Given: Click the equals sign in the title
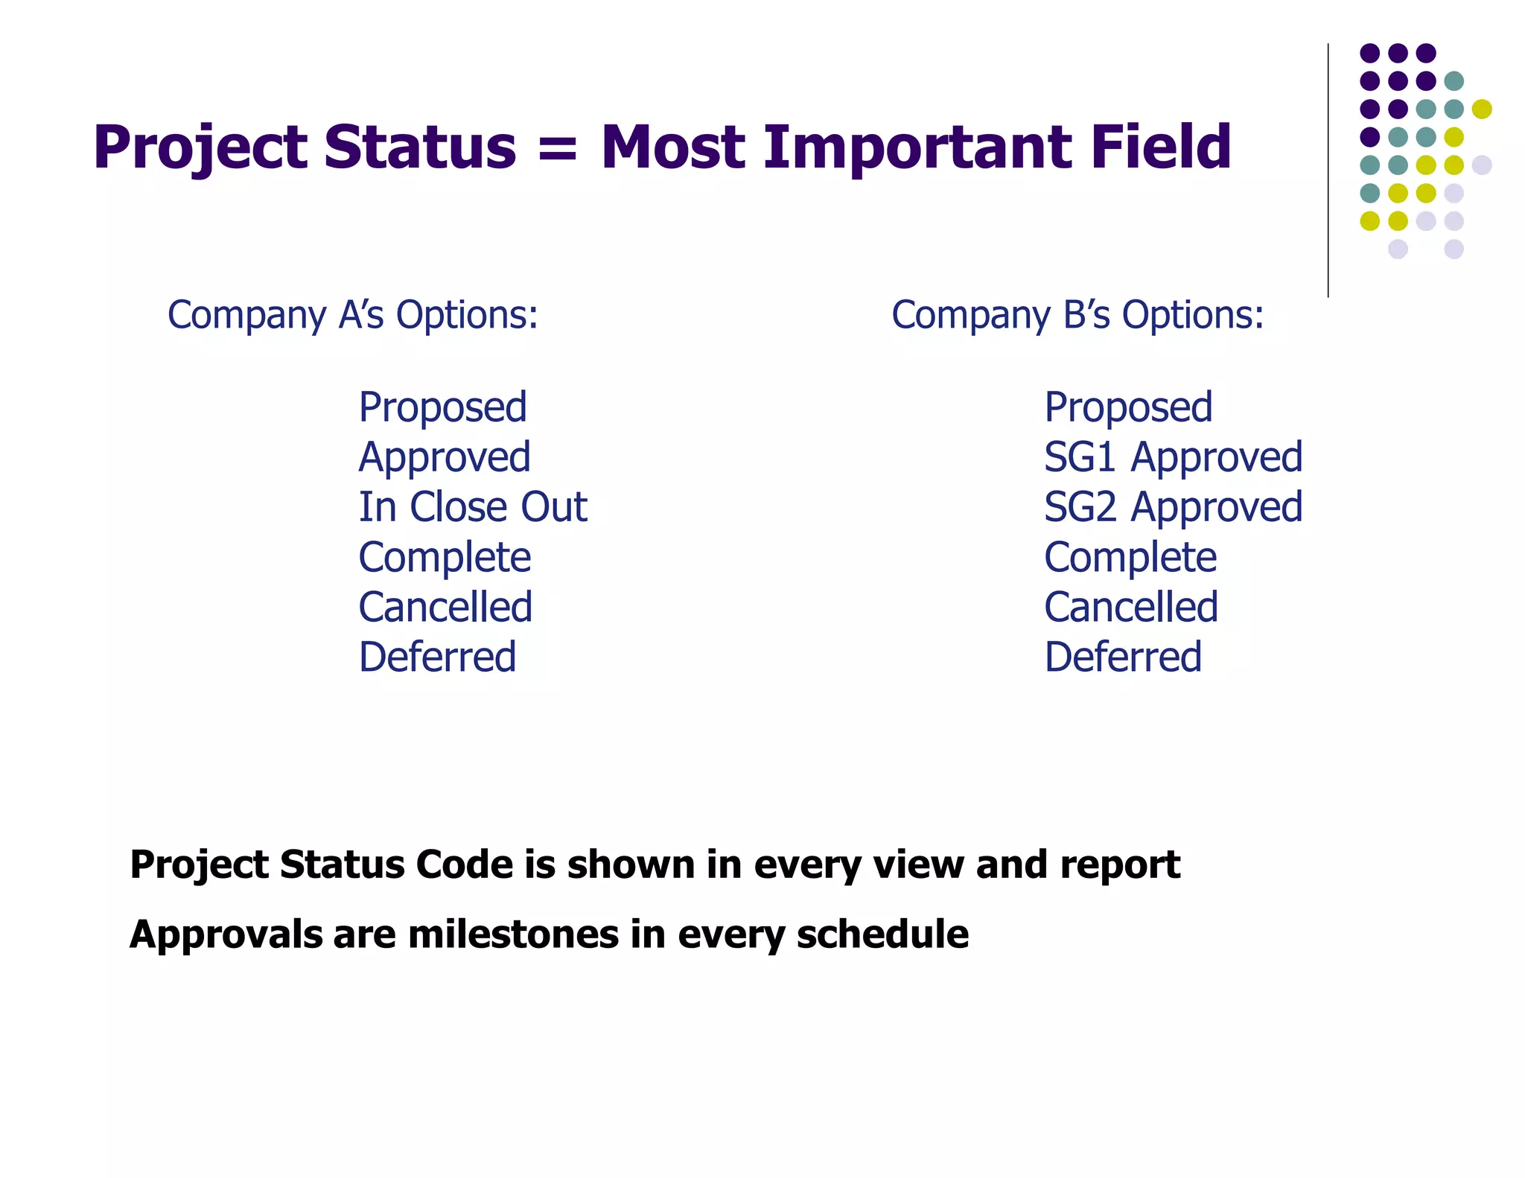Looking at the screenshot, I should (x=557, y=147).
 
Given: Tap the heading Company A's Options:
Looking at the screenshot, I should (x=352, y=315).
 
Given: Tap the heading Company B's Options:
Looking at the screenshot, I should (x=1077, y=315).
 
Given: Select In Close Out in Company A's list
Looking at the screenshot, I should (x=473, y=507).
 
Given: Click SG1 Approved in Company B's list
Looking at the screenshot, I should (x=1173, y=457).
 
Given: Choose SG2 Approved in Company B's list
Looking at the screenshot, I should (x=1173, y=507).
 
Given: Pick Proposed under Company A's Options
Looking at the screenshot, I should (x=442, y=408).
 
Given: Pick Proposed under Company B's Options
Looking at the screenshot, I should (x=1128, y=408).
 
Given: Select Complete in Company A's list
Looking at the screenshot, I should (x=445, y=558).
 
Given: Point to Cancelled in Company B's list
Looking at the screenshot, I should (x=1130, y=607).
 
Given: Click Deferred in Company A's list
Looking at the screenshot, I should (x=437, y=657).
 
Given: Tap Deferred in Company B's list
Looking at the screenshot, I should (x=1123, y=657).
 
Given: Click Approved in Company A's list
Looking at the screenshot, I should (x=445, y=457).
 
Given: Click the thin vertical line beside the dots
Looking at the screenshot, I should (x=1328, y=171).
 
